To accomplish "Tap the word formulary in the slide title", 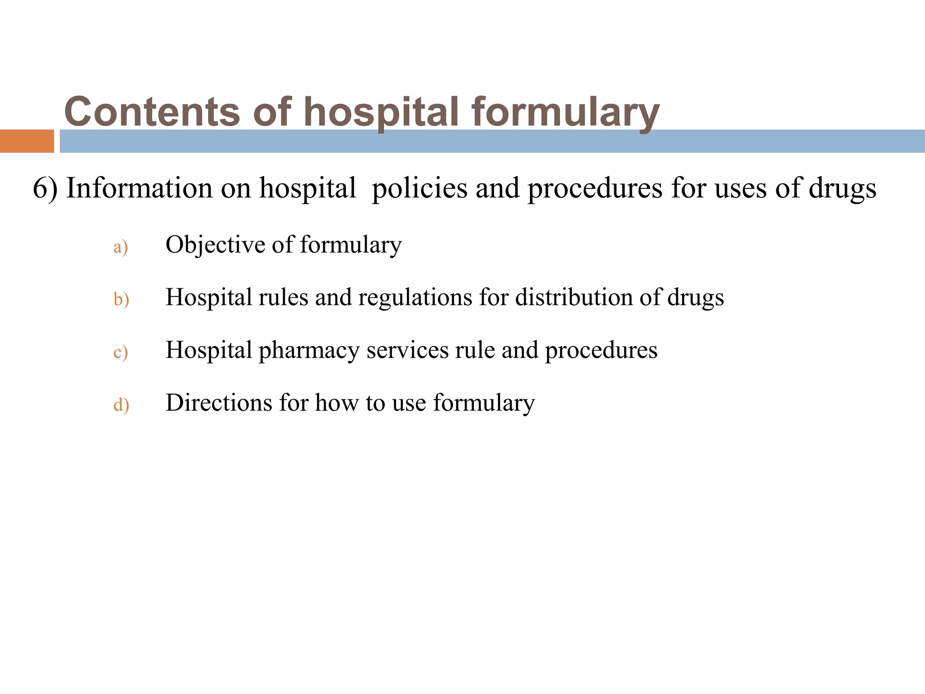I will click(565, 112).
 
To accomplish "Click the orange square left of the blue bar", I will click(27, 141).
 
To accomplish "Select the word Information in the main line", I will click(139, 188).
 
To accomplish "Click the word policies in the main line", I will click(419, 188).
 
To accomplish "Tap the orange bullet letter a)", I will click(121, 247).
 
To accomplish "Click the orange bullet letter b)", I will click(121, 300).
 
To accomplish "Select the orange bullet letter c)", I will click(121, 352).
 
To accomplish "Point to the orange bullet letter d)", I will click(121, 404).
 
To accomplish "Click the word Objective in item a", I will click(215, 245).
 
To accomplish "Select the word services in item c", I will click(407, 350).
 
